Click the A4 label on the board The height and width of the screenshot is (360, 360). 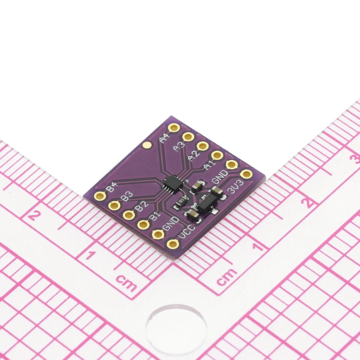point(164,138)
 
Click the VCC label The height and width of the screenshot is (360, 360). point(187,231)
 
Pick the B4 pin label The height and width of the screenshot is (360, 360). point(112,187)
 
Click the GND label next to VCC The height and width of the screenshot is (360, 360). point(171,223)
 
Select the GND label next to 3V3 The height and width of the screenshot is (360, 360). point(220,177)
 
